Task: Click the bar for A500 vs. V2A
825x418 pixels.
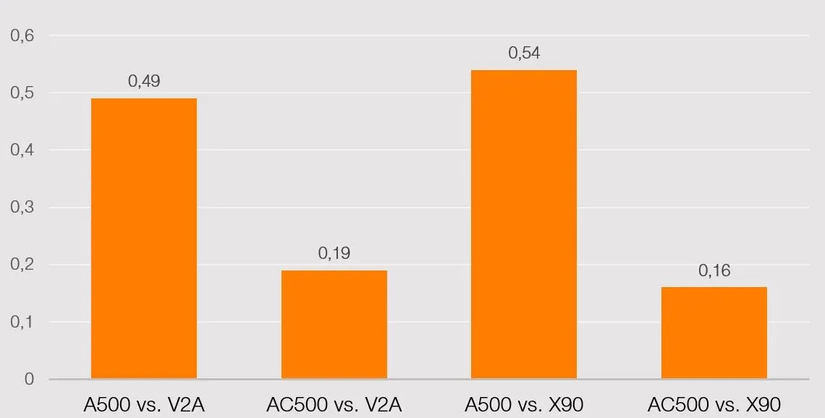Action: [x=144, y=238]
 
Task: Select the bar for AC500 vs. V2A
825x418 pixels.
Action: [x=334, y=324]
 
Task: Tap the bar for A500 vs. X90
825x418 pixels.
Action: [x=524, y=224]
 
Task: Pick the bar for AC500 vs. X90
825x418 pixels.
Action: [x=714, y=333]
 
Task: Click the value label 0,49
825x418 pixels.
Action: [x=144, y=81]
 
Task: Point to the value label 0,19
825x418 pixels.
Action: [x=334, y=253]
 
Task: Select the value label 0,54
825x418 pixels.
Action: [x=524, y=53]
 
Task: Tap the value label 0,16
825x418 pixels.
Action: [x=714, y=270]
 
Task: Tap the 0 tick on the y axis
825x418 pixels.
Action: [x=29, y=379]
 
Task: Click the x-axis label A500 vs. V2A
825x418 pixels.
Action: [x=144, y=404]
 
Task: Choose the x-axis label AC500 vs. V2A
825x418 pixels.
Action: [x=334, y=404]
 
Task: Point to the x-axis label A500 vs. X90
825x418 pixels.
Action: [x=524, y=404]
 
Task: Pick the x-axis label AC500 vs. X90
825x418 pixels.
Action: [x=714, y=404]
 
